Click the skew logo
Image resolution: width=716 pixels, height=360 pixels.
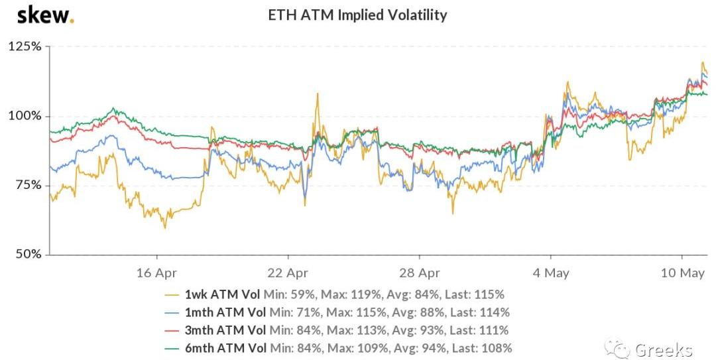tap(45, 15)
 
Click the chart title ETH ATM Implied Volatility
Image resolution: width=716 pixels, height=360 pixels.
tap(357, 15)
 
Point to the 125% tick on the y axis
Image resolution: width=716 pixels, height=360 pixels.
tap(25, 47)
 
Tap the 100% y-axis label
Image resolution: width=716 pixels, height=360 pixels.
tap(25, 116)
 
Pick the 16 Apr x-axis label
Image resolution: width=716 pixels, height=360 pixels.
tap(157, 272)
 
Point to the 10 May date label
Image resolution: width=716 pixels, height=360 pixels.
tap(683, 272)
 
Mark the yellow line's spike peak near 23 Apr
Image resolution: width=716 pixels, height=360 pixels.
tap(318, 94)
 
